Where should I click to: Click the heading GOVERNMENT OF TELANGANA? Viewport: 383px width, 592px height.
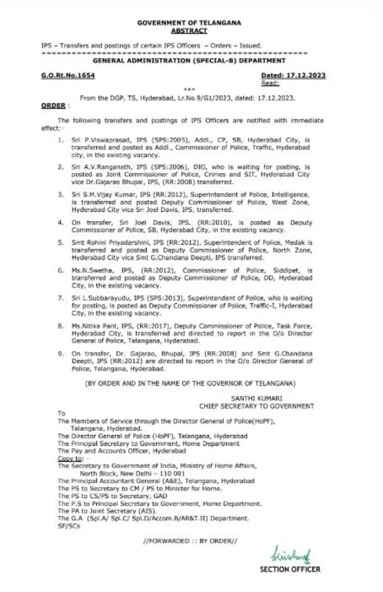[189, 22]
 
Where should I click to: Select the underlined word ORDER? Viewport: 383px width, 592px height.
[53, 104]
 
